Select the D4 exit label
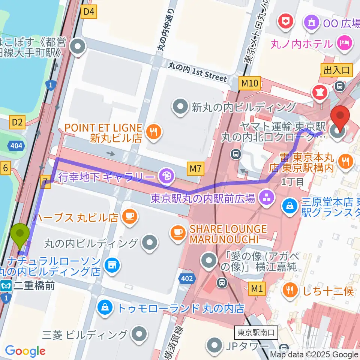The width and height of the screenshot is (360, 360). point(89,12)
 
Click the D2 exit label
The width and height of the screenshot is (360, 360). point(18,122)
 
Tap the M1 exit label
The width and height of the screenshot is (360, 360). point(257,289)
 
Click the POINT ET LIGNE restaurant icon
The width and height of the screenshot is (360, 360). point(153,132)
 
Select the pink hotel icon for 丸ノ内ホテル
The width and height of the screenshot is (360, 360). point(344,43)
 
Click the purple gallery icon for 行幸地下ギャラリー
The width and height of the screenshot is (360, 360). point(165,175)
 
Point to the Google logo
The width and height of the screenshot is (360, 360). point(25,351)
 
